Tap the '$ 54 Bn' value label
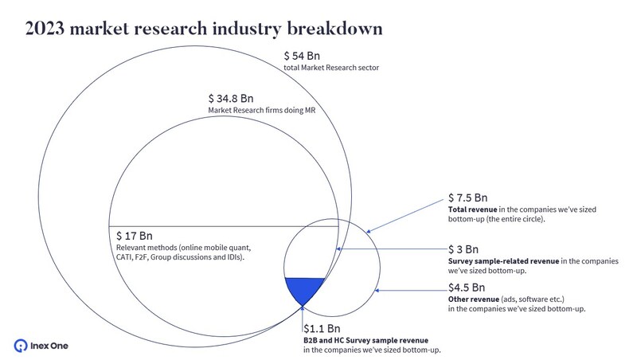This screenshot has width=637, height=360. (x=303, y=57)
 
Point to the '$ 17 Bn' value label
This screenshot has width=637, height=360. (x=134, y=237)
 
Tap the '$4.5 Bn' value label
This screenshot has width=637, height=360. (x=467, y=287)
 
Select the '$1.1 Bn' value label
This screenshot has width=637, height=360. (x=322, y=328)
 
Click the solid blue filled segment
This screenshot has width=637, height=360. (x=304, y=288)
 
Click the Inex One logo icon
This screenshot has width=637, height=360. (x=21, y=345)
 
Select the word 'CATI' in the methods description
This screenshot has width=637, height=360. (x=127, y=258)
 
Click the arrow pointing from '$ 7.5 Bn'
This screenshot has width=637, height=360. (x=402, y=214)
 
